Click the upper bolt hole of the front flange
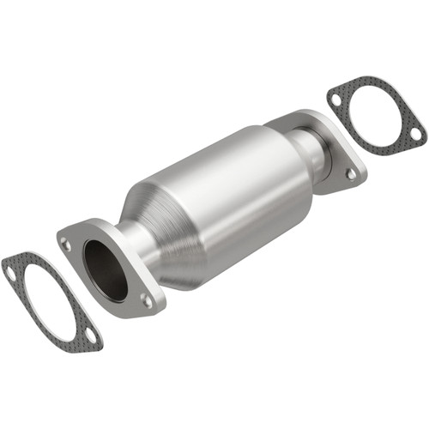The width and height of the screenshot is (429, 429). click(x=67, y=245)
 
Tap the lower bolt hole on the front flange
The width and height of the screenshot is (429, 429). click(x=147, y=300)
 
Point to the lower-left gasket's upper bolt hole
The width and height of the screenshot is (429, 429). click(x=11, y=273)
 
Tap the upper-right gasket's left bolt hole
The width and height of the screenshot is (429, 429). click(x=335, y=100)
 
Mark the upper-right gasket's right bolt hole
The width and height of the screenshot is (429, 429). click(x=415, y=134)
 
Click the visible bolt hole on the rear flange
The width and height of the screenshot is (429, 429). click(x=351, y=172)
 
